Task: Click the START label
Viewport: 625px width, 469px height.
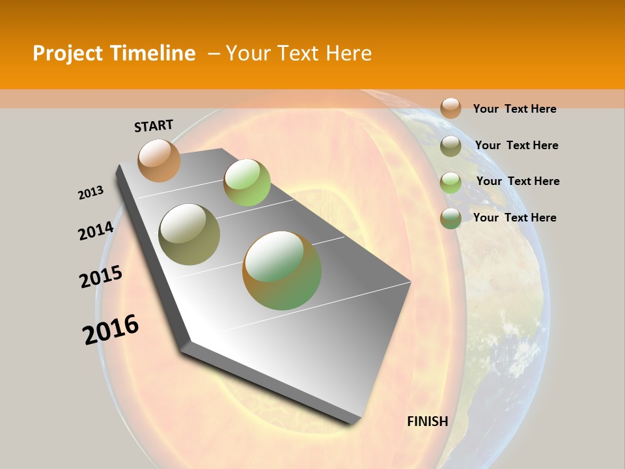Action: (x=154, y=125)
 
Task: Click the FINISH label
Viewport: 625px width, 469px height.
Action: (x=427, y=421)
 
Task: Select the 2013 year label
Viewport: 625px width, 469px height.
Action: (x=90, y=193)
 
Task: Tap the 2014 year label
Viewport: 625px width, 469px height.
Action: (x=96, y=231)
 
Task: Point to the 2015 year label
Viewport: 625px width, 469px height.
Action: (x=100, y=277)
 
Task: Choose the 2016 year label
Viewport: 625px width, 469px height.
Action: (x=111, y=329)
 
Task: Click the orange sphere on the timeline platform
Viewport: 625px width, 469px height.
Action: (x=159, y=160)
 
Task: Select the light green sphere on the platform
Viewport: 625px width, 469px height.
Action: (x=247, y=182)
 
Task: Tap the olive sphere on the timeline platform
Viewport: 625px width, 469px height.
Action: (x=189, y=234)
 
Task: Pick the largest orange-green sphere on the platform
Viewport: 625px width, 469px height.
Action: (x=282, y=270)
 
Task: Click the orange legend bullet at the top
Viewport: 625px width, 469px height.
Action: (x=451, y=108)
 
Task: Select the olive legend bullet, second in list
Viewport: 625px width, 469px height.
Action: (x=451, y=146)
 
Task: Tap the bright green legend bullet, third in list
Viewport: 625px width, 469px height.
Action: (x=451, y=182)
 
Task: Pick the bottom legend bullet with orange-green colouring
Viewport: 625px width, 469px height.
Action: (x=451, y=218)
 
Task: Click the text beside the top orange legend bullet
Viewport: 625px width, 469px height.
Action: (x=514, y=109)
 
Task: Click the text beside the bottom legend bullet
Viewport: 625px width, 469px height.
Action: (x=514, y=218)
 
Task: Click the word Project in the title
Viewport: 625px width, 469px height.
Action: (x=68, y=53)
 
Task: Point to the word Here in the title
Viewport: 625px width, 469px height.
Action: (x=348, y=53)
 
